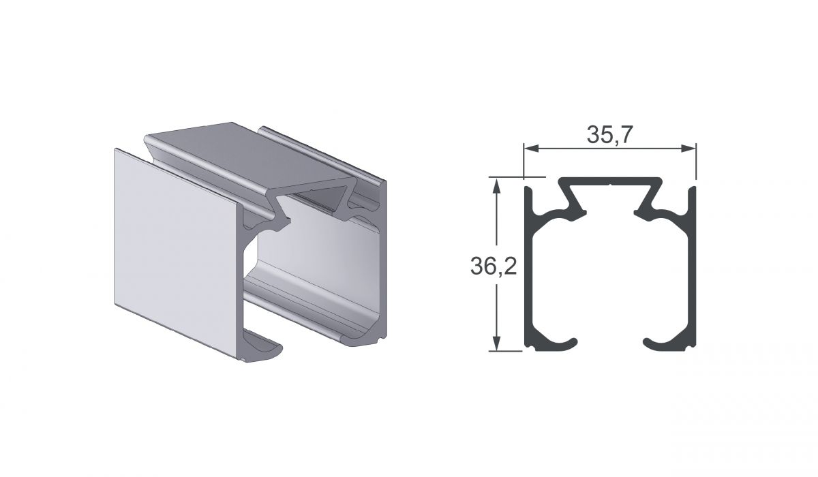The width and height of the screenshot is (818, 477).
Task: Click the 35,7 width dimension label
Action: click(x=609, y=134)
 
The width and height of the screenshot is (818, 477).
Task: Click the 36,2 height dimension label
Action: click(x=494, y=267)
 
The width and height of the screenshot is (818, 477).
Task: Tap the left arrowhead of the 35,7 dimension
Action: click(x=531, y=148)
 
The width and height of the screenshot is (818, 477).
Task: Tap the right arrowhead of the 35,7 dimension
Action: click(x=688, y=148)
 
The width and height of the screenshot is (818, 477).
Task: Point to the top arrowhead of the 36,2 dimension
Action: click(x=496, y=186)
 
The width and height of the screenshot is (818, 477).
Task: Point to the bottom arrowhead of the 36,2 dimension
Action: click(x=496, y=343)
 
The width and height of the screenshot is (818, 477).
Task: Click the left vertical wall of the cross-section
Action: click(x=528, y=270)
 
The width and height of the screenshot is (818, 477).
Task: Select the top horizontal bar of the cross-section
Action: click(x=610, y=181)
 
